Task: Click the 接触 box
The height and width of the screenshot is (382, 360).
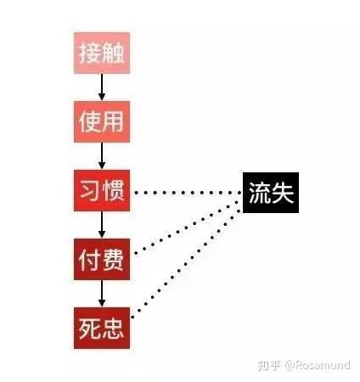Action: point(102,53)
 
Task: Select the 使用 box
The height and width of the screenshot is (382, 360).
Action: point(102,121)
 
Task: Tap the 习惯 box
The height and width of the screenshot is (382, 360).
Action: point(102,190)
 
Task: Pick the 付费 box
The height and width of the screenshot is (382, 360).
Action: point(102,259)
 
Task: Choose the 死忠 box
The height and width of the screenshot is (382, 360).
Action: point(102,328)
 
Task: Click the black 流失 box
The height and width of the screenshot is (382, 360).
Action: point(271,193)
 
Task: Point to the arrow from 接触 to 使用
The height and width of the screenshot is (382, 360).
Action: point(102,87)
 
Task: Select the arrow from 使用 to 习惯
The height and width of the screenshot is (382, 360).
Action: point(102,156)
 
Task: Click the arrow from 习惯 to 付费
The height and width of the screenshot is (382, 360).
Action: point(102,225)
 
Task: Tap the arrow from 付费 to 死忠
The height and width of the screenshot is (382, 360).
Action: point(102,294)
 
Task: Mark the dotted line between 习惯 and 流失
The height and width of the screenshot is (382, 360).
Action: point(188,193)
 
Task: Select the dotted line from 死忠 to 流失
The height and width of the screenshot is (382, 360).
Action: point(188,261)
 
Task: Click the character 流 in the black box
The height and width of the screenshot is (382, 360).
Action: point(259,193)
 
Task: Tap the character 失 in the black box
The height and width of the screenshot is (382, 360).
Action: point(283,193)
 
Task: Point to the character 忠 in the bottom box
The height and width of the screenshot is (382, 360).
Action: point(113,329)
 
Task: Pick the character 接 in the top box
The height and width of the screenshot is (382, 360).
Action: point(90,53)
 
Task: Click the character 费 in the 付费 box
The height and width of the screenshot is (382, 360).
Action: point(113,260)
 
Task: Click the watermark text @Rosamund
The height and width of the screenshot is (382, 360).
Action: point(318,365)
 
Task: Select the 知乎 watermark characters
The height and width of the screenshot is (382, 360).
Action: point(269,365)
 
